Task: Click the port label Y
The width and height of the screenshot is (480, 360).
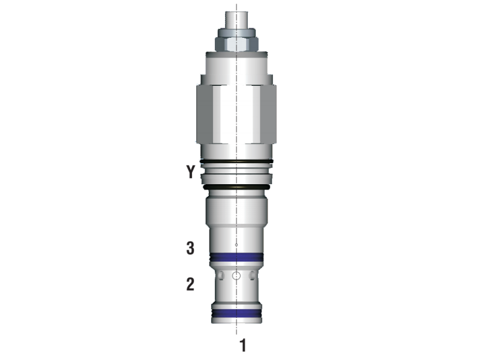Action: tap(190, 173)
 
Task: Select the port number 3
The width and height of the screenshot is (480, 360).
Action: tap(190, 248)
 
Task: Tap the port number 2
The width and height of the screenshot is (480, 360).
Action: tap(190, 284)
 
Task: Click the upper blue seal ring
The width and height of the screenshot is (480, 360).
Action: tap(236, 259)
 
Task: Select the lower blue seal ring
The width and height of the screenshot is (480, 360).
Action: tap(236, 313)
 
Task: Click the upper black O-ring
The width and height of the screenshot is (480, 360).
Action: tap(236, 161)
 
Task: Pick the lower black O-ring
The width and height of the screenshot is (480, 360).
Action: tap(236, 187)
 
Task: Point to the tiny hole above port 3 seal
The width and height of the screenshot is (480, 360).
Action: tap(236, 245)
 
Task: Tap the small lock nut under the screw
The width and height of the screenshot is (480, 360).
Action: tap(236, 41)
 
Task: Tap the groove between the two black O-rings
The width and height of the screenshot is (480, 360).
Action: tap(236, 175)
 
